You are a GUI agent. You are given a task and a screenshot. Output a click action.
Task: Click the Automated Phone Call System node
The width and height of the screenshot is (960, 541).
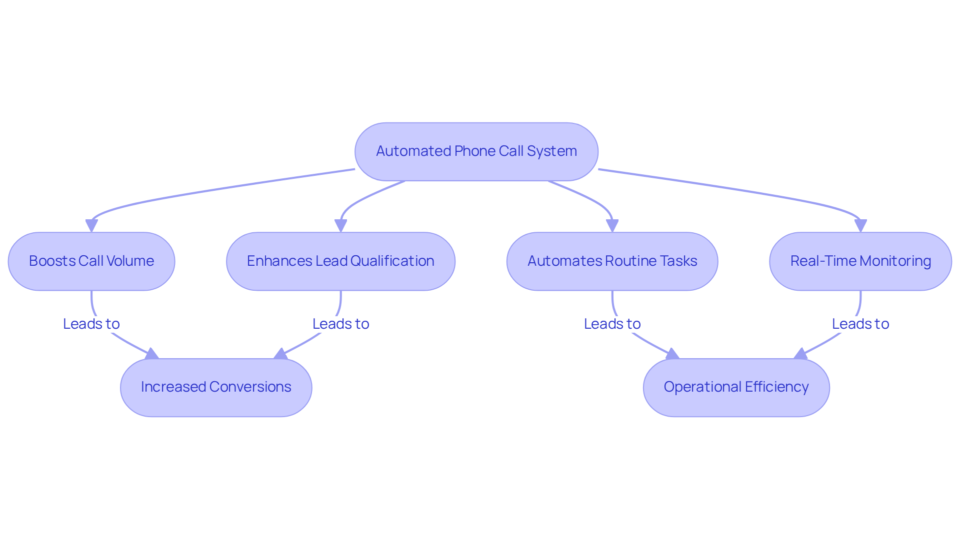pyautogui.click(x=476, y=151)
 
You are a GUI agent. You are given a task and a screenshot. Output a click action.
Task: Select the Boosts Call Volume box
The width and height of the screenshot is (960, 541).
pyautogui.click(x=91, y=261)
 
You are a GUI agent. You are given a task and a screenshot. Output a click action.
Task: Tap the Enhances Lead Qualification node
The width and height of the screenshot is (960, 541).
pyautogui.click(x=340, y=261)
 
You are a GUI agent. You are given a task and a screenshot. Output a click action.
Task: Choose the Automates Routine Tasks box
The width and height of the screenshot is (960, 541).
pyautogui.click(x=612, y=261)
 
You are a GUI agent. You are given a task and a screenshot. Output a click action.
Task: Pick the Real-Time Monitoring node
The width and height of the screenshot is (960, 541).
pyautogui.click(x=860, y=261)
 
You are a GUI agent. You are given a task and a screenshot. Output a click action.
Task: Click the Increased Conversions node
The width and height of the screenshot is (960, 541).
pyautogui.click(x=216, y=387)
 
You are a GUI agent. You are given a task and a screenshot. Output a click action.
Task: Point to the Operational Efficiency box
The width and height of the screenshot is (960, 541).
pyautogui.click(x=736, y=387)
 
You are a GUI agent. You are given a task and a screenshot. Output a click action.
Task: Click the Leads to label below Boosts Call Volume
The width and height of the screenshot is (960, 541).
pyautogui.click(x=91, y=324)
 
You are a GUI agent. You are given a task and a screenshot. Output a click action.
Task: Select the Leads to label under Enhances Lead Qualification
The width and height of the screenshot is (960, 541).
pyautogui.click(x=340, y=324)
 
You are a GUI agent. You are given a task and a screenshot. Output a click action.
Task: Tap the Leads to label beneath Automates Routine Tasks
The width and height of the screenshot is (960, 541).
pyautogui.click(x=612, y=324)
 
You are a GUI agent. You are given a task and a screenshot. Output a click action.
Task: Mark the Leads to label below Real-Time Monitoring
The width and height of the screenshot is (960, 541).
pyautogui.click(x=860, y=324)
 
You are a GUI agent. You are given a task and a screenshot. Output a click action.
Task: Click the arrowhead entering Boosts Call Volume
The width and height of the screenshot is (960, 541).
pyautogui.click(x=91, y=226)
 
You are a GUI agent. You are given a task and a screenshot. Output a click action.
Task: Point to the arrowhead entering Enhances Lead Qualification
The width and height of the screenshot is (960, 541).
pyautogui.click(x=340, y=226)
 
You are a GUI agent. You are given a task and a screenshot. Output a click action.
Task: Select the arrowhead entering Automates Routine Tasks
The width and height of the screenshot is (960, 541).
pyautogui.click(x=612, y=226)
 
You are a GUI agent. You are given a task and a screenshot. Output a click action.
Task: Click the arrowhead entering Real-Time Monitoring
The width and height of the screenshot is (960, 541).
pyautogui.click(x=860, y=226)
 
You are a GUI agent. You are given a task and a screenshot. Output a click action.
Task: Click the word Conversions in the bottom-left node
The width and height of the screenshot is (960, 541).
pyautogui.click(x=250, y=387)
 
